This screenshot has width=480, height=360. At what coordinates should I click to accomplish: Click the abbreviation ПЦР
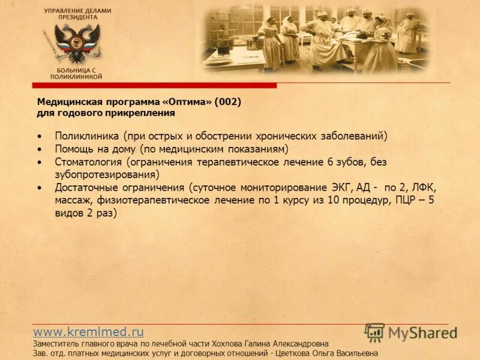[x=407, y=200]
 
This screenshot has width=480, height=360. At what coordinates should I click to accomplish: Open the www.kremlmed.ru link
[x=88, y=331]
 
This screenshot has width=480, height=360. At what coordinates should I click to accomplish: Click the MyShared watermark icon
[x=375, y=332]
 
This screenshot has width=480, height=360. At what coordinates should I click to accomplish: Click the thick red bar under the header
[x=156, y=86]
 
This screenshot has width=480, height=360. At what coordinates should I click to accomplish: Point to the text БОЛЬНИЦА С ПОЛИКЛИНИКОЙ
[x=76, y=74]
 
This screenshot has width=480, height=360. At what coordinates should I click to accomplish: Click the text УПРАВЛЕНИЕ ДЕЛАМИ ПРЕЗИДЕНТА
[x=77, y=14]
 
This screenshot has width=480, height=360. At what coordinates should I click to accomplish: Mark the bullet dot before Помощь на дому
[x=40, y=149]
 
